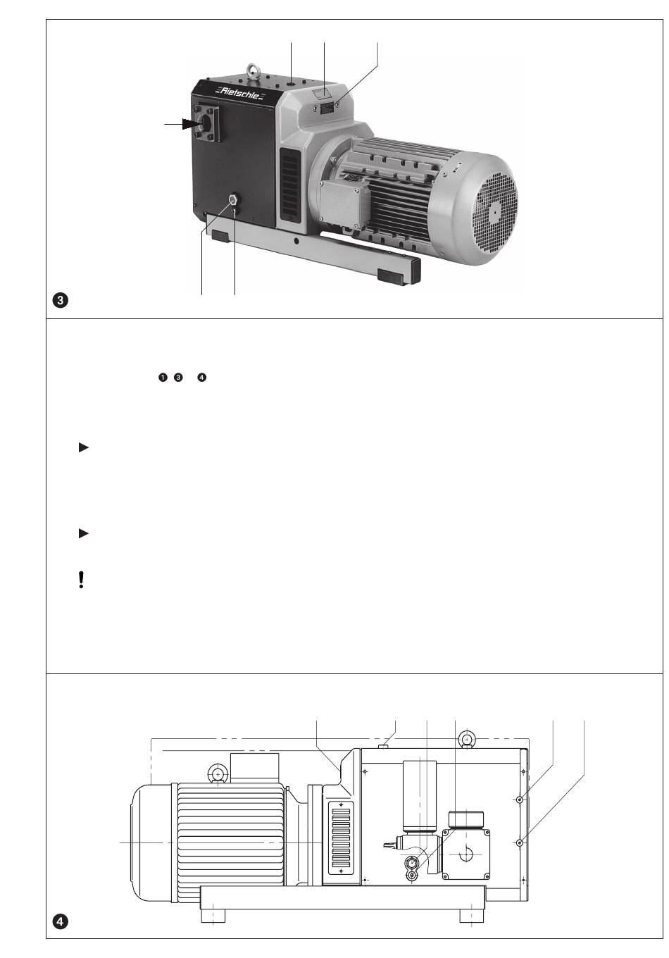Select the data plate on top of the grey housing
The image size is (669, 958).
(x=328, y=108)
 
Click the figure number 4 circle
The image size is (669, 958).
(x=61, y=921)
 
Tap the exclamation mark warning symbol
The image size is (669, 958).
(x=82, y=580)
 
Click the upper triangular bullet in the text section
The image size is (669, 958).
(x=83, y=447)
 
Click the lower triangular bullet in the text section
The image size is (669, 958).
(x=83, y=534)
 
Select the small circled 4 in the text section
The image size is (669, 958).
(x=202, y=378)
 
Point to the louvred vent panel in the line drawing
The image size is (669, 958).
(x=341, y=838)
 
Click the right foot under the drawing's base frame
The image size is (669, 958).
(x=471, y=916)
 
